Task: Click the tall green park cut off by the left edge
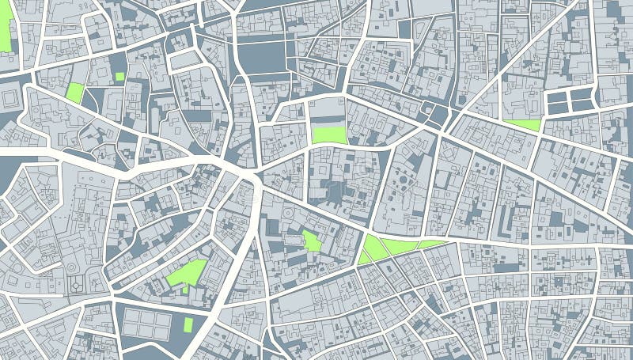6,29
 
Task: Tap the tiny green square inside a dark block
119,77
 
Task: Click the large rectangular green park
329,135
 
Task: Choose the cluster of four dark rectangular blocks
570,100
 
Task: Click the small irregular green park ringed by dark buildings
312,241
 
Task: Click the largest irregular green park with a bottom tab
188,273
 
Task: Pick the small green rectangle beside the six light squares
188,324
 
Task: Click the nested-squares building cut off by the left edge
9,98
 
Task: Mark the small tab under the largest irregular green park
185,289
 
